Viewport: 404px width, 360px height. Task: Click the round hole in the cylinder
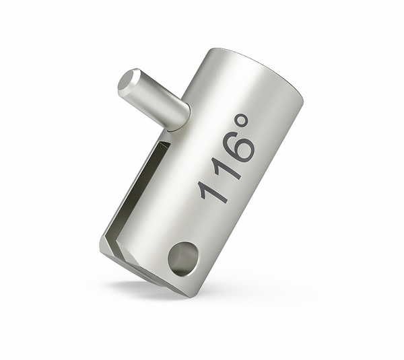coord(182,258)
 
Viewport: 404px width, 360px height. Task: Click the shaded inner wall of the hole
coord(178,254)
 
